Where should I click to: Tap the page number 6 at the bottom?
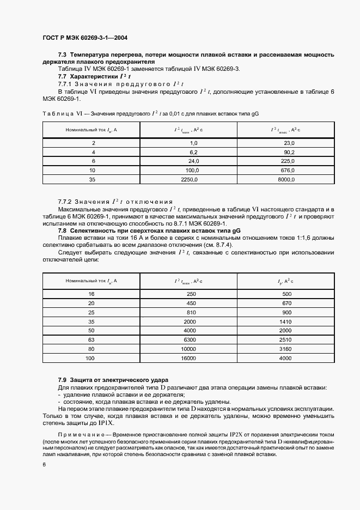(x=44, y=464)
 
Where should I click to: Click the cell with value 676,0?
(x=286, y=170)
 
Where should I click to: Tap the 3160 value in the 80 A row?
(x=286, y=349)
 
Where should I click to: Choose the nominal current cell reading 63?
(x=91, y=339)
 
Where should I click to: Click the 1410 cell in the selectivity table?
(x=286, y=321)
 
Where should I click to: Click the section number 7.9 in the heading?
(x=63, y=379)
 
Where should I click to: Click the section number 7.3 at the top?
(x=63, y=55)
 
